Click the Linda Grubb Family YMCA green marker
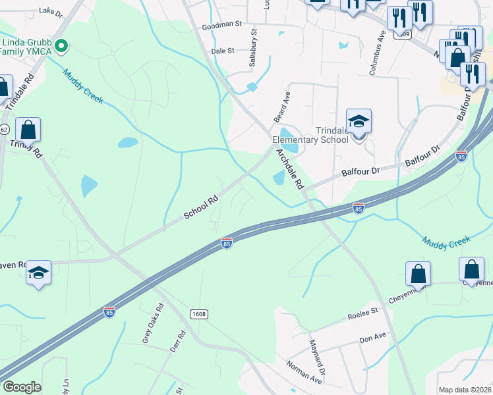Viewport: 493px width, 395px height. coord(61,46)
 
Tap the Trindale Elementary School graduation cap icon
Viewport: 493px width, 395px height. coord(359,122)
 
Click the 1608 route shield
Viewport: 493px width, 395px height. coord(199,314)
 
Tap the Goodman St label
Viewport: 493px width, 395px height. coord(222,24)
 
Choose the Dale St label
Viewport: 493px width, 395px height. coord(223,51)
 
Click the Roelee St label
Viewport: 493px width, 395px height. coord(363,313)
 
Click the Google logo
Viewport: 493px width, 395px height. coord(22,387)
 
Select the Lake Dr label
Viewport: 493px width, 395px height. coord(50,12)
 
